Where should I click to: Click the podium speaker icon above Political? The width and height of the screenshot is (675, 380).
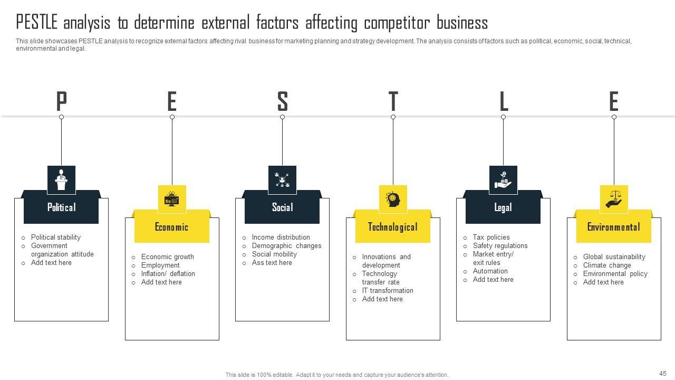click(61, 179)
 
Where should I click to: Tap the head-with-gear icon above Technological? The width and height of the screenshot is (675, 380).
click(393, 199)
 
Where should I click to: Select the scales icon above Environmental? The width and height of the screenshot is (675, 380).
click(614, 199)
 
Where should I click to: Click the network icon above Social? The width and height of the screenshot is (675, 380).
click(282, 179)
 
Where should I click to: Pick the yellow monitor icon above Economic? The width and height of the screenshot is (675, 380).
click(172, 199)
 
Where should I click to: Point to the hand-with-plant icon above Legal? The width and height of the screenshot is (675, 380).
click(503, 179)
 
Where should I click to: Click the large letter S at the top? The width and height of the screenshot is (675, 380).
click(283, 101)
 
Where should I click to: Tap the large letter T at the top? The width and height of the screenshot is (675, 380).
click(393, 101)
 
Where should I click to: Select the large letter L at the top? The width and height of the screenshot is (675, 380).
click(503, 101)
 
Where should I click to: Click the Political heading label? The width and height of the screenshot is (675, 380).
click(61, 207)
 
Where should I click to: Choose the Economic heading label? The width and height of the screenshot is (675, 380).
click(172, 227)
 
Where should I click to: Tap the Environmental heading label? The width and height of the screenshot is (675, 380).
click(614, 227)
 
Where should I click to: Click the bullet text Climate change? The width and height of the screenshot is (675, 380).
click(607, 265)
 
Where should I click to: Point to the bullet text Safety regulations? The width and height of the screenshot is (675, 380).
click(500, 246)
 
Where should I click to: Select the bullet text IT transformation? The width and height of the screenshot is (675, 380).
click(388, 291)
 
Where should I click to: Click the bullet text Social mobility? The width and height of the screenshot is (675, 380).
click(274, 254)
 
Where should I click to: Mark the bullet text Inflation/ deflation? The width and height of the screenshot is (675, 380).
click(168, 274)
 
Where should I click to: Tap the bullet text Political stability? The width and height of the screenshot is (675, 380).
click(56, 237)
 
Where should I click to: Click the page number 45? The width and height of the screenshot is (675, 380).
click(663, 373)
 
